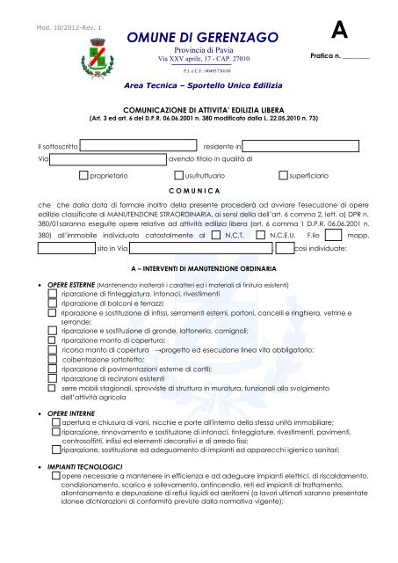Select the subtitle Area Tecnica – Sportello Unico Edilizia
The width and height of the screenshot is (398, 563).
(x=195, y=89)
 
